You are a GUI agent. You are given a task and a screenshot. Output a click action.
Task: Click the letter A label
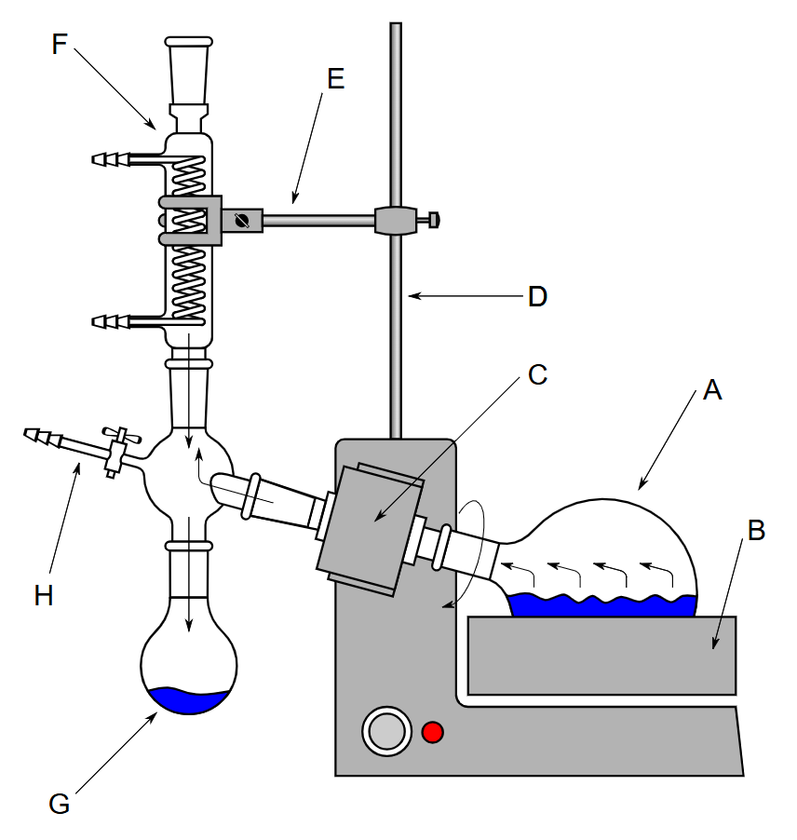pyautogui.click(x=712, y=389)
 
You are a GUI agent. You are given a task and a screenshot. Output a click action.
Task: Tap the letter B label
pyautogui.click(x=756, y=531)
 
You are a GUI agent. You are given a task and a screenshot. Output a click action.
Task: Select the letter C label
pyautogui.click(x=537, y=374)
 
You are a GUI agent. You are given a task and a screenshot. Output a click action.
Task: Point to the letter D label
pyautogui.click(x=537, y=296)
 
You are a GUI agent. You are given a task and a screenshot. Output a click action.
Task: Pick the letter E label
pyautogui.click(x=335, y=79)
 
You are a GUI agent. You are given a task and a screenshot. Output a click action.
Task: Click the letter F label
pyautogui.click(x=59, y=44)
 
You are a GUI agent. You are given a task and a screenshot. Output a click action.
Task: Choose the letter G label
pyautogui.click(x=59, y=804)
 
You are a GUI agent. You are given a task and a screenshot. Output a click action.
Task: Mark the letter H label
pyautogui.click(x=44, y=595)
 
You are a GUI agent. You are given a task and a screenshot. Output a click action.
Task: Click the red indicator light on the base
pyautogui.click(x=432, y=732)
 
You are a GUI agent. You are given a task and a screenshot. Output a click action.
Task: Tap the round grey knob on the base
pyautogui.click(x=386, y=731)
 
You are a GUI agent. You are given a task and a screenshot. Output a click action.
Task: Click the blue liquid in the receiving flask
pyautogui.click(x=188, y=699)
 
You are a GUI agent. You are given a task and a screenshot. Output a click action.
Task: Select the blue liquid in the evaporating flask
pyautogui.click(x=602, y=604)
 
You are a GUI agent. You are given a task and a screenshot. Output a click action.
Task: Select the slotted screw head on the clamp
pyautogui.click(x=241, y=220)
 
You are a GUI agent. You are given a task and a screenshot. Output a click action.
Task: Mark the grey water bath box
pyautogui.click(x=602, y=656)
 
